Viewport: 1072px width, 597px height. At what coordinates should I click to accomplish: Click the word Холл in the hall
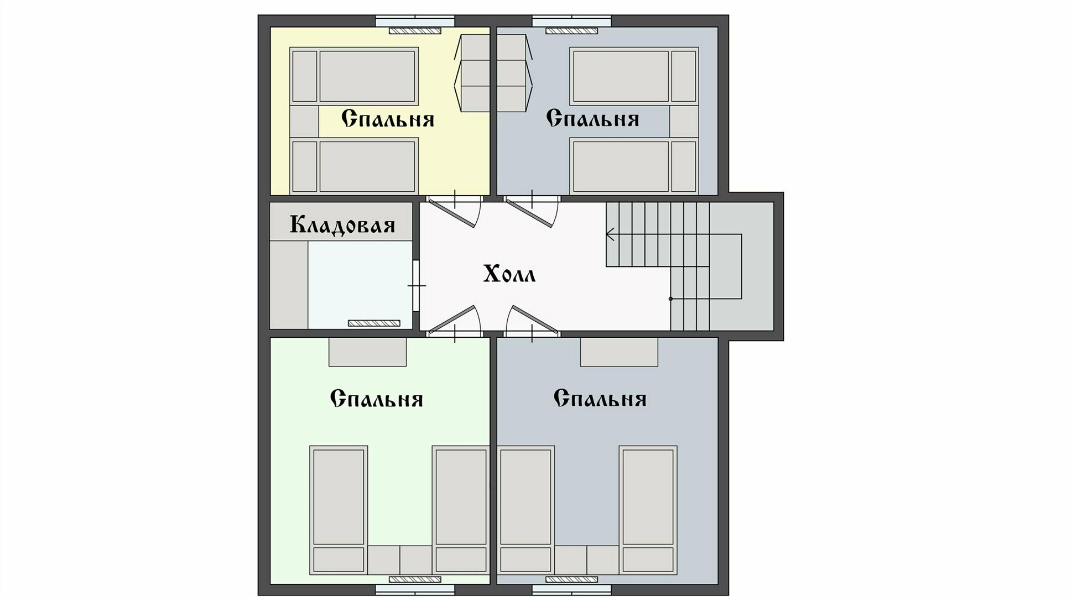[509, 274]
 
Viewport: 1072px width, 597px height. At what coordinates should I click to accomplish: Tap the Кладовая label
[342, 225]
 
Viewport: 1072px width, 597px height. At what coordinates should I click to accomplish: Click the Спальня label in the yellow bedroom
[387, 119]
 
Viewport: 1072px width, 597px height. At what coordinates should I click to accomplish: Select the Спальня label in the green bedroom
[376, 399]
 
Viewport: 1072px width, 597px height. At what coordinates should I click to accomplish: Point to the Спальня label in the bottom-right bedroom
[600, 399]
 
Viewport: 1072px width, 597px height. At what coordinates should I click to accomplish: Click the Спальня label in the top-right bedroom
[592, 119]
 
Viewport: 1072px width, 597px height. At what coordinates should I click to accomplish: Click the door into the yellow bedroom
[454, 213]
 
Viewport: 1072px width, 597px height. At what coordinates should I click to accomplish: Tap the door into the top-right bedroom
[531, 213]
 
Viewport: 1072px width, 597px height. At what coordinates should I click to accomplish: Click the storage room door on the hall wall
[416, 286]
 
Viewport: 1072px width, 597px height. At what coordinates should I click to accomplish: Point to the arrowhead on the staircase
[610, 234]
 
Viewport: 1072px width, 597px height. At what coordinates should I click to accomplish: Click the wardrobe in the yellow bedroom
[475, 73]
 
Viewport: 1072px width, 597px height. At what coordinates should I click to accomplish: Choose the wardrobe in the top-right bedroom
[512, 73]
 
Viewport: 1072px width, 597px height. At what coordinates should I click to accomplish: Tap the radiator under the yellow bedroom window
[415, 31]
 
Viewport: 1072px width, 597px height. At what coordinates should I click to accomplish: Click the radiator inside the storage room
[373, 323]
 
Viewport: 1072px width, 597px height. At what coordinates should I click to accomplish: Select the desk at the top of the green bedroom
[367, 352]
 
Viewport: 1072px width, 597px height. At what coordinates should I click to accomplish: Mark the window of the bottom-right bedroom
[571, 590]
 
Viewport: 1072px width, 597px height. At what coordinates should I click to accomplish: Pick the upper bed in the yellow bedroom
[354, 76]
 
